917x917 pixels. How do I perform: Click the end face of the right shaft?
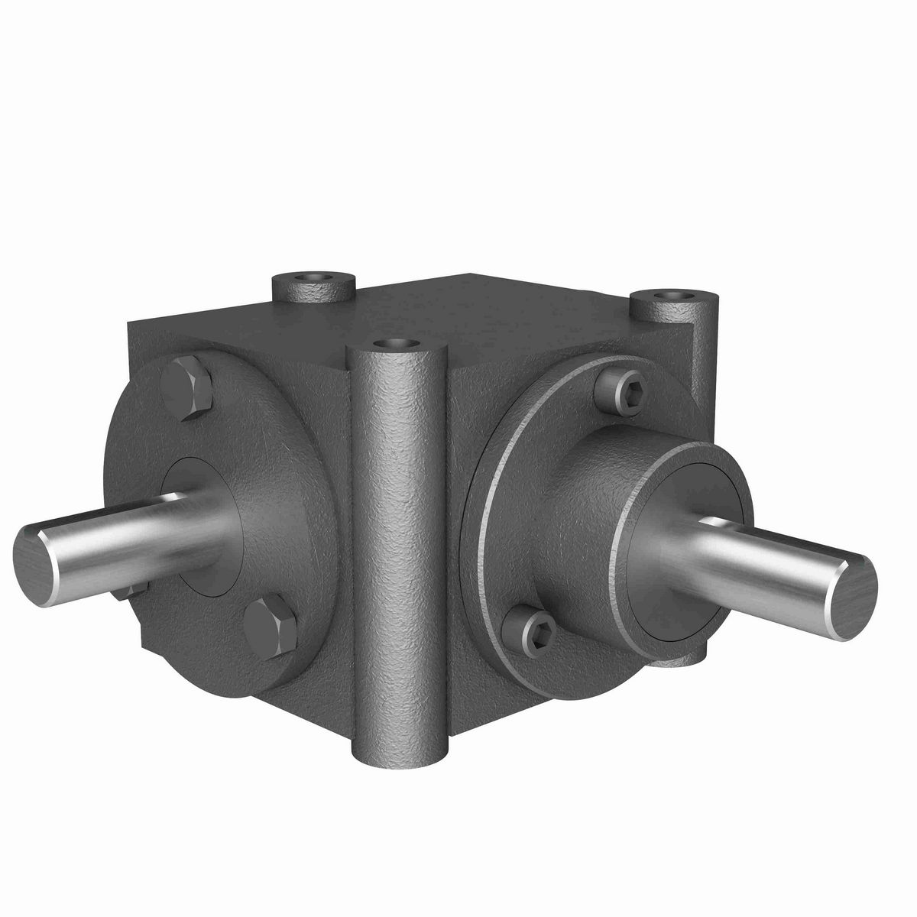tap(851, 595)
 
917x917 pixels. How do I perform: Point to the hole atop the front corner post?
tap(395, 345)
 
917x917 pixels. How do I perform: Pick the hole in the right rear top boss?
tap(674, 294)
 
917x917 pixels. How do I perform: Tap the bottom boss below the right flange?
tap(688, 656)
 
